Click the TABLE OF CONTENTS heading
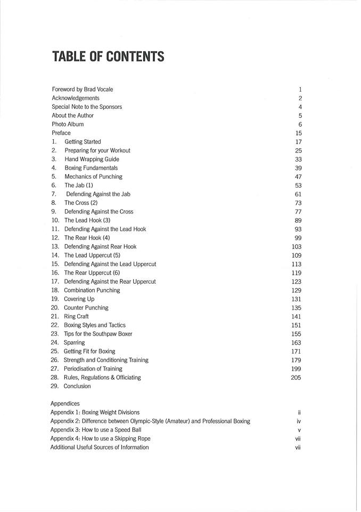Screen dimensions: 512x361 pos(108,57)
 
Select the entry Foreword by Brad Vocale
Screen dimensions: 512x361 pos(83,90)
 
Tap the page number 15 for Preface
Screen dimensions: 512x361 pos(298,133)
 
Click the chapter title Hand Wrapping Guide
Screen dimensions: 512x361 pos(92,159)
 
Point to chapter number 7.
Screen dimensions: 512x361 pos(54,194)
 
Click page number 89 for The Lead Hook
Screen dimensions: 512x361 pos(298,220)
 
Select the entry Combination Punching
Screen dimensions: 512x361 pos(92,290)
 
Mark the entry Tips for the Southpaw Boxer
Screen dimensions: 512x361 pos(98,334)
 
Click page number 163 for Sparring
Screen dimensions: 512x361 pos(297,343)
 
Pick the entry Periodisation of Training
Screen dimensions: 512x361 pos(93,369)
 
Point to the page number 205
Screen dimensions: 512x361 pos(296,378)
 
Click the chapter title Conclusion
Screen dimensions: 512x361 pos(77,386)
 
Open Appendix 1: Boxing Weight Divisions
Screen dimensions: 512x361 pos(95,412)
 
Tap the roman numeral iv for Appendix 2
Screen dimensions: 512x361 pos(299,421)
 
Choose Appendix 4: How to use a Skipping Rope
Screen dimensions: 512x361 pos(100,438)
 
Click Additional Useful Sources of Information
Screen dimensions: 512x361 pos(100,447)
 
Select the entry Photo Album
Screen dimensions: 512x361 pos(68,124)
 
